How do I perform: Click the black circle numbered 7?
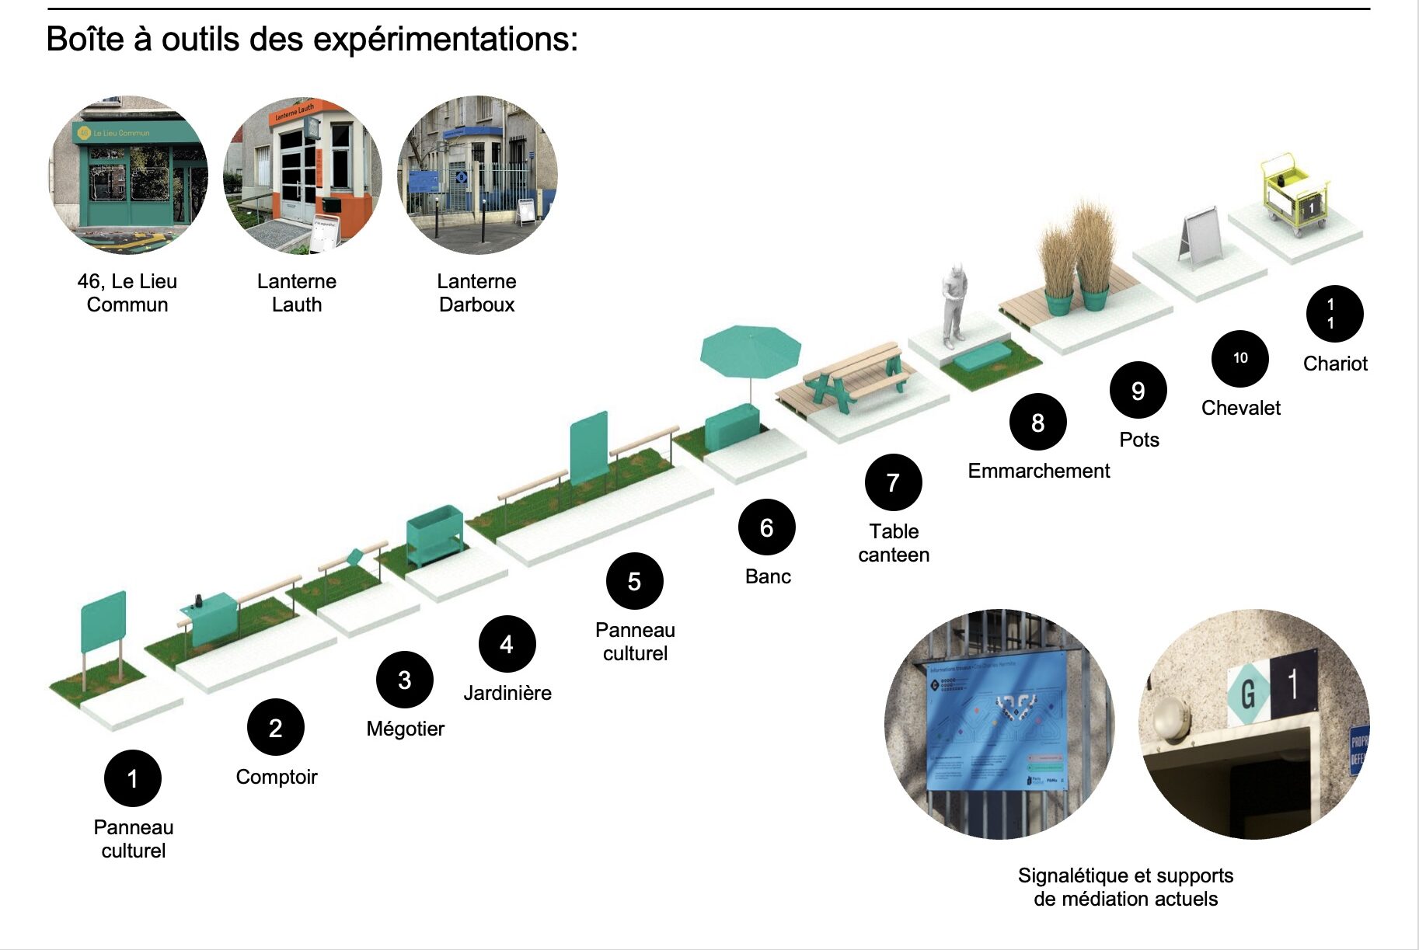tap(893, 482)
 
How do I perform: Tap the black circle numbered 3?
tap(404, 680)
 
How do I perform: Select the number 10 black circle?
tap(1239, 358)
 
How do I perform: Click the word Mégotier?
tap(405, 729)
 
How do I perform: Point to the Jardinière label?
tap(507, 693)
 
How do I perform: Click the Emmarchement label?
tap(1038, 471)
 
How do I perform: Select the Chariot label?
tap(1334, 364)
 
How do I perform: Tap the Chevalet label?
tap(1240, 408)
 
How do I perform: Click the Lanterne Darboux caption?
tap(476, 293)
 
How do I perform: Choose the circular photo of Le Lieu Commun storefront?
tap(127, 175)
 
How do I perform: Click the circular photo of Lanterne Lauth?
tap(302, 175)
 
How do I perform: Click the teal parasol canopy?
tap(750, 350)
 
